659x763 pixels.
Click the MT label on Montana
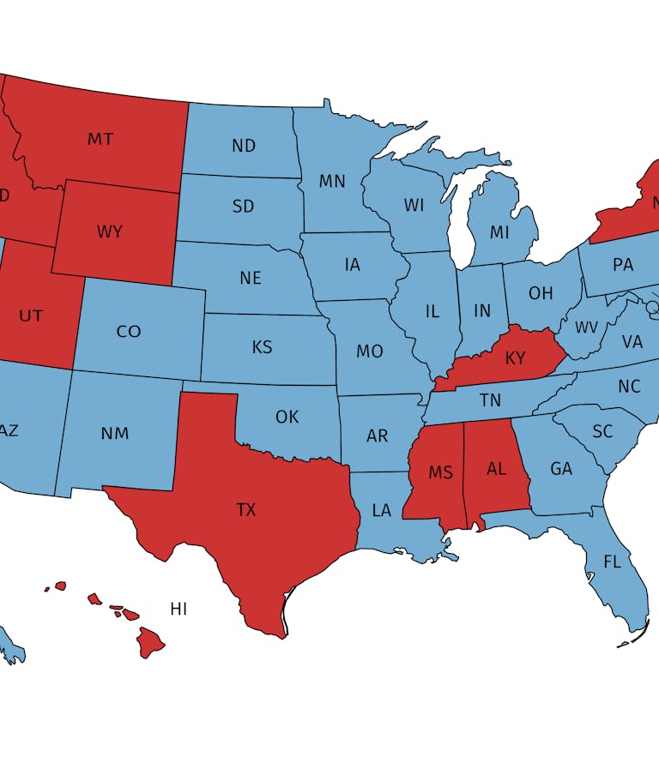(100, 139)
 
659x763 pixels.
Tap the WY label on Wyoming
(109, 231)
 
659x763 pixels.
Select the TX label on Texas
(246, 510)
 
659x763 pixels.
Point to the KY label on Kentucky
(515, 358)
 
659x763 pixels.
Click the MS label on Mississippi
(441, 473)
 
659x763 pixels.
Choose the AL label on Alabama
(496, 469)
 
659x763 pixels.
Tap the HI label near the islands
(178, 610)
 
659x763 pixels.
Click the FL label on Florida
(612, 562)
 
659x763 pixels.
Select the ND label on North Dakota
(244, 146)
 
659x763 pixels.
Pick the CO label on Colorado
(129, 331)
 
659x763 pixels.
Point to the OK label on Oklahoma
(287, 417)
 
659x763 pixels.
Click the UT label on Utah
(31, 315)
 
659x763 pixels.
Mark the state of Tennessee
(490, 400)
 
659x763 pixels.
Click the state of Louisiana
(382, 511)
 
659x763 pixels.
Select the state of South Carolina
(603, 431)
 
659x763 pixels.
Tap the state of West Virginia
(586, 327)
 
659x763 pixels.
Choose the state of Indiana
(483, 310)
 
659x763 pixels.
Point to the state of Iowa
(353, 265)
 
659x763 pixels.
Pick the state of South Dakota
(243, 207)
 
